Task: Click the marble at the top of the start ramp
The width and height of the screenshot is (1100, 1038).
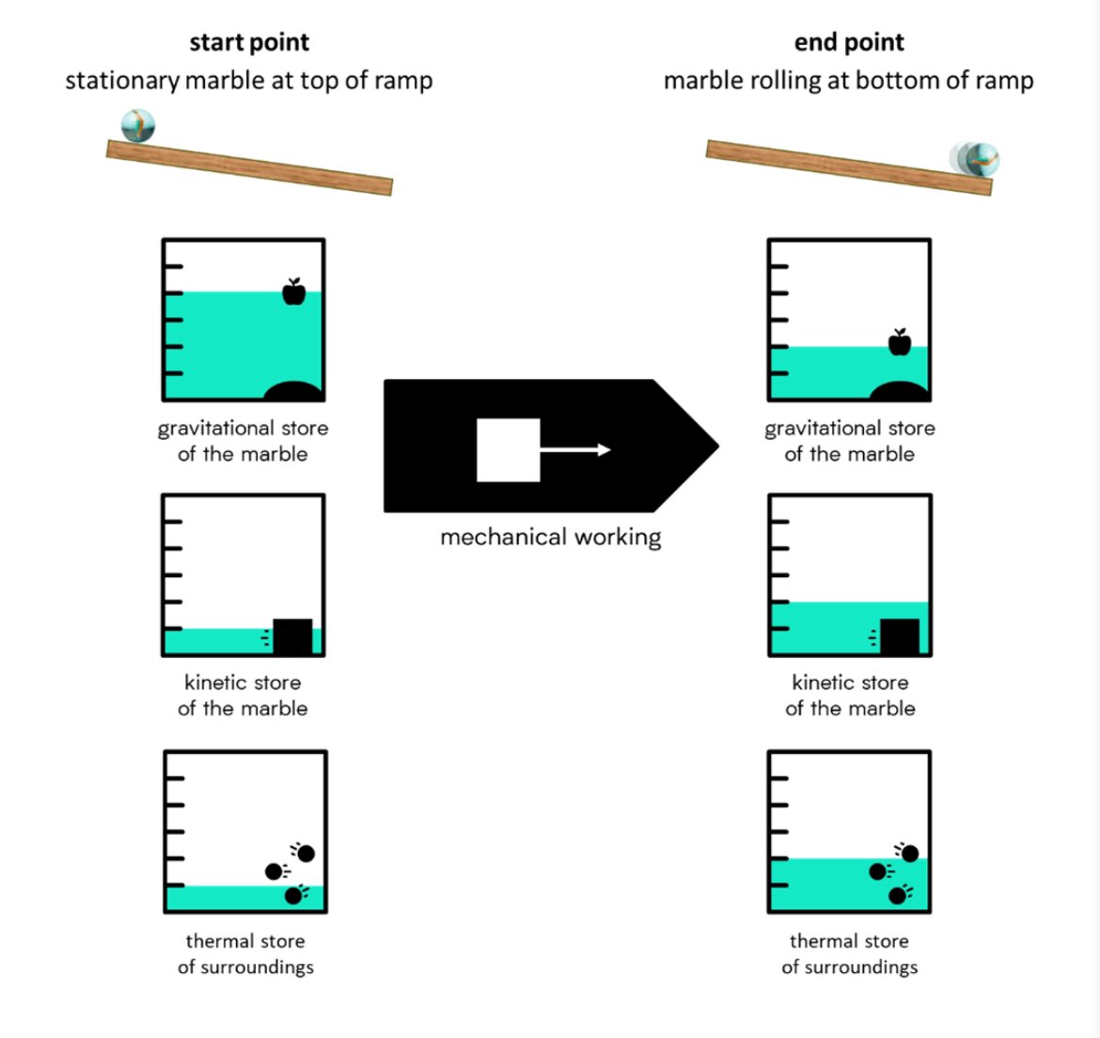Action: tap(138, 126)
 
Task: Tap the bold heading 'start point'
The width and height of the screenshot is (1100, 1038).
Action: tap(249, 42)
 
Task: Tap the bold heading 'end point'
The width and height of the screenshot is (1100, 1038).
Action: tap(849, 42)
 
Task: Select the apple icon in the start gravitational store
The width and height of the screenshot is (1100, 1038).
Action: tap(294, 292)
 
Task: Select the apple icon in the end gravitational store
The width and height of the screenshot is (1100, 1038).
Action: tap(900, 343)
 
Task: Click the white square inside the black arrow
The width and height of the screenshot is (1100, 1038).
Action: tap(508, 450)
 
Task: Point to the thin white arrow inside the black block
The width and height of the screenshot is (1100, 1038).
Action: tap(575, 450)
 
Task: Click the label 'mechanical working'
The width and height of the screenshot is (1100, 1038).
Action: tap(550, 537)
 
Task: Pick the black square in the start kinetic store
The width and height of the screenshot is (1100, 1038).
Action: tap(292, 637)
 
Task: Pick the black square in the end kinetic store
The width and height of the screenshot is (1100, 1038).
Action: tap(900, 637)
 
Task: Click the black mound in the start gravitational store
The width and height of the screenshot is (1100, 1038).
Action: tap(292, 391)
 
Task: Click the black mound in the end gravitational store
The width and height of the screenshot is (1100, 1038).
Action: tap(899, 391)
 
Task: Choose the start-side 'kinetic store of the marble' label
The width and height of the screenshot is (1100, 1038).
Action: tap(243, 696)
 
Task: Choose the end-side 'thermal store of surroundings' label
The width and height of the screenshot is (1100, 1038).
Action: tap(849, 953)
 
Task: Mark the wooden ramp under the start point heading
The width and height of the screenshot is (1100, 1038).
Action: tap(249, 167)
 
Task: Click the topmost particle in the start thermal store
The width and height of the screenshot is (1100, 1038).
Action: tap(306, 854)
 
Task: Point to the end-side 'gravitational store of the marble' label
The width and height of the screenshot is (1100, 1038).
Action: tap(849, 441)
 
